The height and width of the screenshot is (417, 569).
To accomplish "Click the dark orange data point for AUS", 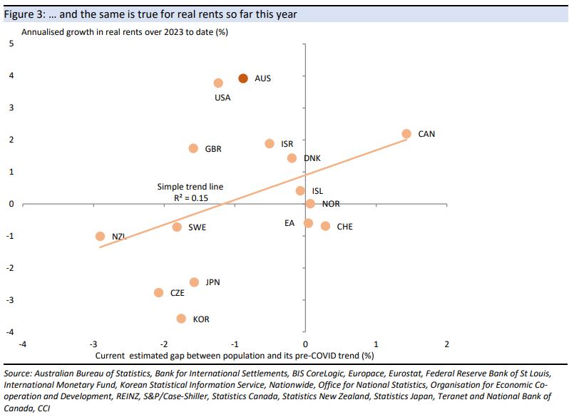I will (x=243, y=78).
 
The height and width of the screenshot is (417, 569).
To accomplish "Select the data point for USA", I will (x=218, y=83).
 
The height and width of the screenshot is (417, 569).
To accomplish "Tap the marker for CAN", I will (x=406, y=134).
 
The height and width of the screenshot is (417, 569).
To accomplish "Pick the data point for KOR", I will (x=181, y=319).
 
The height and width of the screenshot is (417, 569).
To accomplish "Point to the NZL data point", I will (x=100, y=236).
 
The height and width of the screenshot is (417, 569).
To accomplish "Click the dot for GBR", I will (x=193, y=148).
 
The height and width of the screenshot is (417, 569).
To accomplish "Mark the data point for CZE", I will (x=158, y=293).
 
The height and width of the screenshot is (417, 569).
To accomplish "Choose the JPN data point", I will (x=194, y=282).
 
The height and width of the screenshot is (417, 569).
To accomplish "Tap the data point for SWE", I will (x=177, y=227).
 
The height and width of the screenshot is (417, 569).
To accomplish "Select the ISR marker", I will (x=270, y=143).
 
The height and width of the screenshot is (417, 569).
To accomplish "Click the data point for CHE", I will (x=325, y=226).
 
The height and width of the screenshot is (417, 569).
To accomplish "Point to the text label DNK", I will (x=312, y=158).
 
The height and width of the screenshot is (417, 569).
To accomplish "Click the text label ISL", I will (x=317, y=191).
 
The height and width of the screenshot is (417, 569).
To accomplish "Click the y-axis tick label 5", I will (x=11, y=43).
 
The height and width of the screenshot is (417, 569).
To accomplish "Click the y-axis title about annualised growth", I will (x=124, y=32).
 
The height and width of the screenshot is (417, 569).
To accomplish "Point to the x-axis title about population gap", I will (x=235, y=354).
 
